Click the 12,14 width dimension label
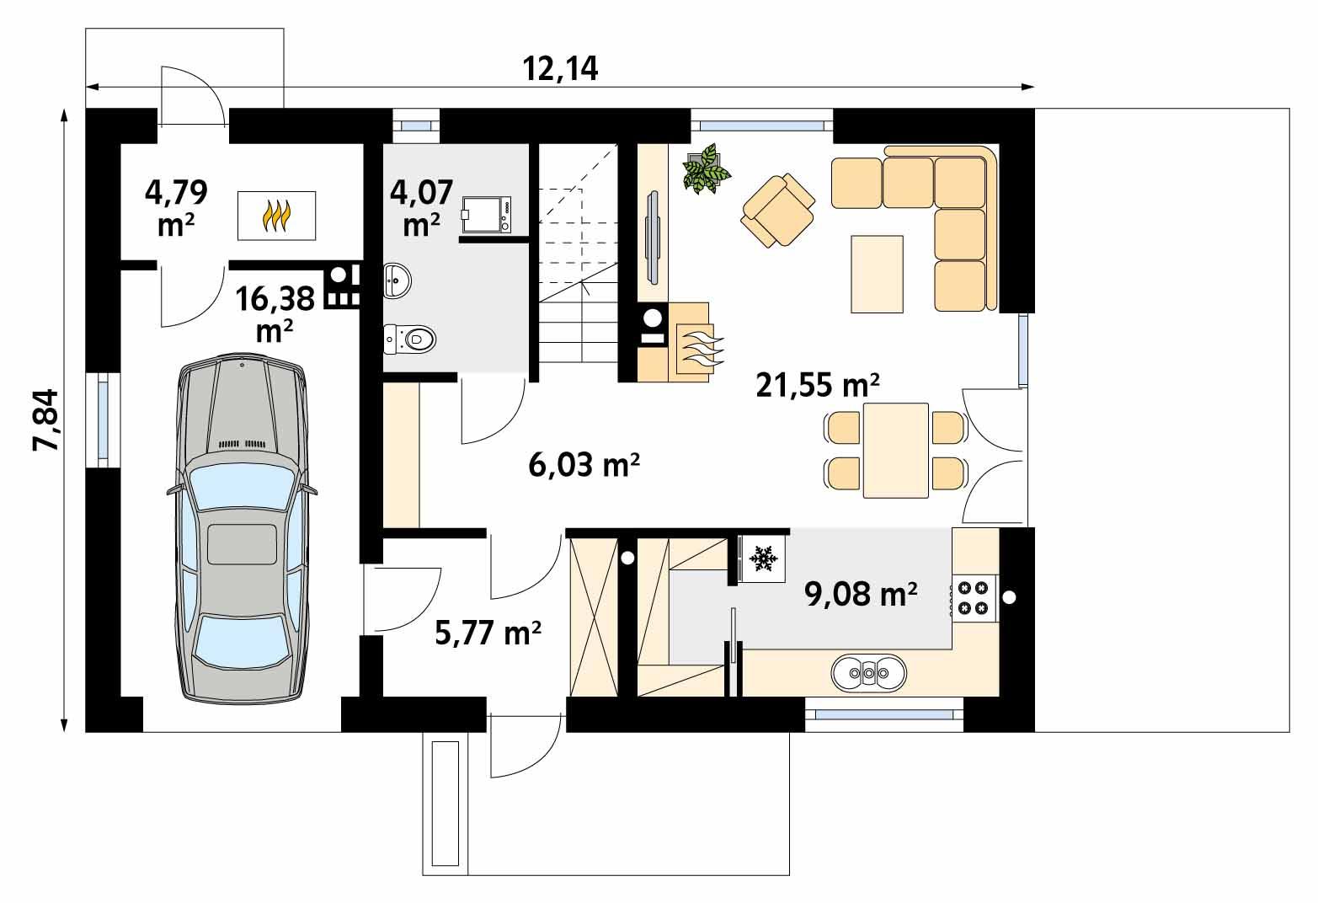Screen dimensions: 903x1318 tap(560, 68)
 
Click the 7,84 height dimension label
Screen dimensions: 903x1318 tap(45, 420)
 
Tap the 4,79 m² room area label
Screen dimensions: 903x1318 tap(176, 206)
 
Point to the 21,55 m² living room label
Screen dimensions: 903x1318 tap(818, 385)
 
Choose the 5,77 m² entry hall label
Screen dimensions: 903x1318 tap(488, 632)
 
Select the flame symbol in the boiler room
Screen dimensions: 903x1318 tap(277, 216)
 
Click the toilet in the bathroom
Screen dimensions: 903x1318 tap(412, 339)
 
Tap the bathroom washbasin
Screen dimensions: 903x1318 tap(397, 280)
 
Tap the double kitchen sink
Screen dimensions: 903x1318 tap(868, 672)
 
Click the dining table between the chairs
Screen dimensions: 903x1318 tap(895, 451)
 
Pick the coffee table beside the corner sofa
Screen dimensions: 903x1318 tap(877, 274)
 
